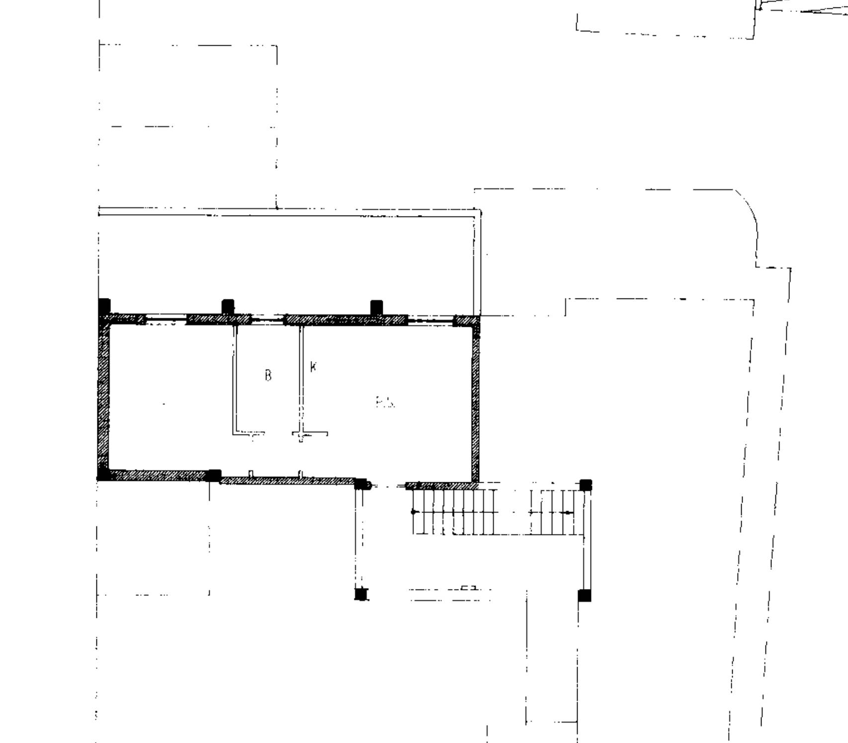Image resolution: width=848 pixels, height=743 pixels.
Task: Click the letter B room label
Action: [x=268, y=375]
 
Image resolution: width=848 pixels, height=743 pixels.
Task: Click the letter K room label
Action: [x=313, y=367]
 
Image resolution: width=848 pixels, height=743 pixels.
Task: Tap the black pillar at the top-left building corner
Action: [x=104, y=305]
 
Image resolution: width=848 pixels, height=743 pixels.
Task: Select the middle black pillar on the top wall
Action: [x=228, y=306]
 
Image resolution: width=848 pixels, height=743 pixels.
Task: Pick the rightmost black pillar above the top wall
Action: [x=376, y=307]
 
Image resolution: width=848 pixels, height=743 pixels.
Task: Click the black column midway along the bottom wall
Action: [x=214, y=475]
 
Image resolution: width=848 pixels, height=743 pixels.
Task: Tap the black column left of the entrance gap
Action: [x=360, y=484]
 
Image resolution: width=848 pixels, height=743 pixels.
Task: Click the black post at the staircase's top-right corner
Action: [x=586, y=485]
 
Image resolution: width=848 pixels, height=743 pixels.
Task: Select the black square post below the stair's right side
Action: [x=585, y=595]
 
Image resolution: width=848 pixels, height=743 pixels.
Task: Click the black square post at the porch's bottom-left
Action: [x=361, y=594]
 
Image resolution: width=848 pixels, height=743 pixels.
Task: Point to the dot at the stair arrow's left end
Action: [x=414, y=512]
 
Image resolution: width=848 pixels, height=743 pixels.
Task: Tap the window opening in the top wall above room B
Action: [x=267, y=320]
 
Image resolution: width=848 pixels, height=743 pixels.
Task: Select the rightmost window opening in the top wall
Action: [x=430, y=320]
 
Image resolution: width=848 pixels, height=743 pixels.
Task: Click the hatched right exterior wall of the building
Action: [x=475, y=402]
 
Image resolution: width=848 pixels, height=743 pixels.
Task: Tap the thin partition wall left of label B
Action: [x=235, y=380]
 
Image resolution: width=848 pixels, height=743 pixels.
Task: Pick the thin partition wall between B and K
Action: [x=301, y=380]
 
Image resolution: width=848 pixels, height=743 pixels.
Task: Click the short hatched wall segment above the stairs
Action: [x=438, y=485]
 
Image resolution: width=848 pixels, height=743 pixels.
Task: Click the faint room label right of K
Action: [x=385, y=402]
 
